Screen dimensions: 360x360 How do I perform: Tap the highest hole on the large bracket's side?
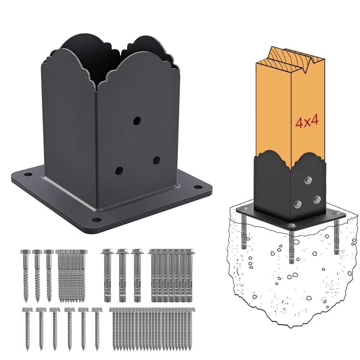(x=137, y=121)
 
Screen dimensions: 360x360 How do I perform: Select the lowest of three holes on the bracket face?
(x=119, y=171)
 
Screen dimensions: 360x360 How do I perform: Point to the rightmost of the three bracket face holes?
(x=157, y=160)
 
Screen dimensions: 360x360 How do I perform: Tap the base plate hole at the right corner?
(x=197, y=187)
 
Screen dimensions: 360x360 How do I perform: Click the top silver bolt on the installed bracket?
(x=309, y=180)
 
